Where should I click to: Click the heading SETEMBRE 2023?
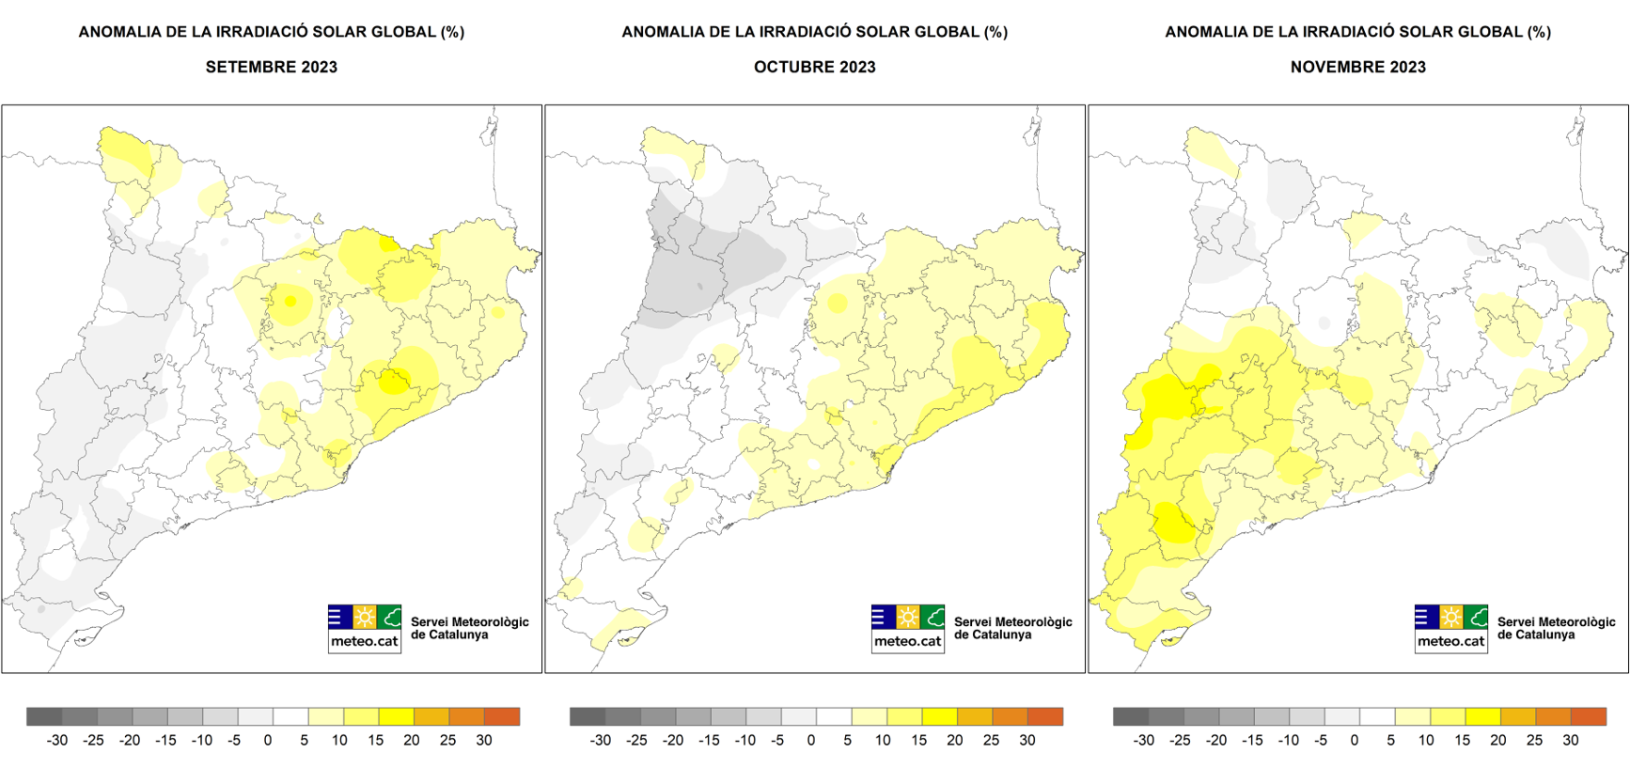pyautogui.click(x=271, y=67)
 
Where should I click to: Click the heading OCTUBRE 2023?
pyautogui.click(x=814, y=67)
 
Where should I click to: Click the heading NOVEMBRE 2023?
pyautogui.click(x=1357, y=67)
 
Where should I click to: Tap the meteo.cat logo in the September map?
pyautogui.click(x=365, y=628)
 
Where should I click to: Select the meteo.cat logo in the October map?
pyautogui.click(x=908, y=628)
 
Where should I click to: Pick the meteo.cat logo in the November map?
pyautogui.click(x=1451, y=628)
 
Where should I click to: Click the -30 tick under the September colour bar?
pyautogui.click(x=57, y=740)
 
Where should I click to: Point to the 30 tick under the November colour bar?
pyautogui.click(x=1570, y=740)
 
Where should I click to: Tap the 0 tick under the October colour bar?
pyautogui.click(x=811, y=740)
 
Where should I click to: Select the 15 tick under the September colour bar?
pyautogui.click(x=375, y=740)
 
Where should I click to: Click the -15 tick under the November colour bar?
pyautogui.click(x=1251, y=740)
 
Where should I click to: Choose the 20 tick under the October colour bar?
pyautogui.click(x=954, y=740)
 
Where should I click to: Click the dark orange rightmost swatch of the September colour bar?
pyautogui.click(x=502, y=716)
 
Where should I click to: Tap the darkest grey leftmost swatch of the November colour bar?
pyautogui.click(x=1131, y=716)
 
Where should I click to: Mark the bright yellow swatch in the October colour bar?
pyautogui.click(x=939, y=716)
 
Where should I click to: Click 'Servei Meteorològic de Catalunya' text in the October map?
pyautogui.click(x=1012, y=628)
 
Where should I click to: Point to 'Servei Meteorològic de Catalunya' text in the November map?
pyautogui.click(x=1556, y=628)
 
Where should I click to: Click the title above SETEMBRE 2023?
pyautogui.click(x=271, y=32)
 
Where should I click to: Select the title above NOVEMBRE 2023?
pyautogui.click(x=1357, y=32)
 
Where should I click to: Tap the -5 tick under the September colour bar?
pyautogui.click(x=233, y=740)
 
